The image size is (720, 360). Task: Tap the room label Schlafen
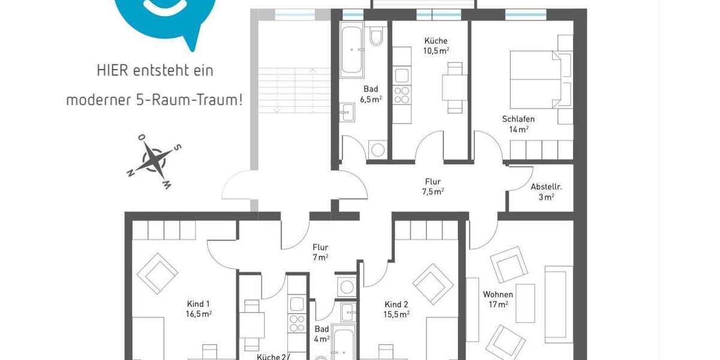point(518,119)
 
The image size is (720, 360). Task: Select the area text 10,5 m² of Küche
point(436,51)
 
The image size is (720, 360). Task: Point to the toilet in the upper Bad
point(377,37)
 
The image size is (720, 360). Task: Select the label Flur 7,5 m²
point(432,186)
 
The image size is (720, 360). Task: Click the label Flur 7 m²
point(320,252)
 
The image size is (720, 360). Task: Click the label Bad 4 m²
point(322,334)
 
